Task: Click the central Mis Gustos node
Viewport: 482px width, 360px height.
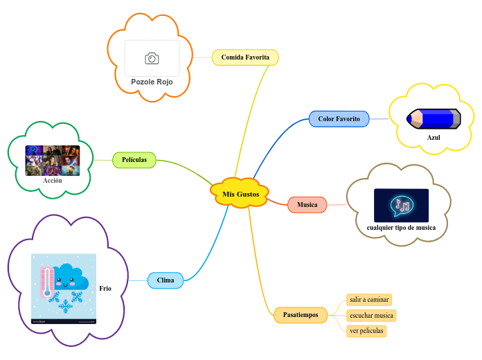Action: (240, 195)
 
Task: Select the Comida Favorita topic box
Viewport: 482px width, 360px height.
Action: (245, 57)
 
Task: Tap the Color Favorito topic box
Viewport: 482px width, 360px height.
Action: (339, 118)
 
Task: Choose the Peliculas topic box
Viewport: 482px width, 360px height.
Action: (134, 160)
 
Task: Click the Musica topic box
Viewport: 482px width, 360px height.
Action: (307, 205)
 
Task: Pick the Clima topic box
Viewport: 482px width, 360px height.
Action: (166, 280)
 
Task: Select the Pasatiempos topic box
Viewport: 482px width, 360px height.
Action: (301, 315)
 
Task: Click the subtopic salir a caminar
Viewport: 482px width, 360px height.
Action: (369, 300)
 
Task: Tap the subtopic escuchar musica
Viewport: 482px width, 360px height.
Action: (371, 316)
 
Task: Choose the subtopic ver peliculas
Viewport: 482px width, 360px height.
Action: (366, 331)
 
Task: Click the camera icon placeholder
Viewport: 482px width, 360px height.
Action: (152, 58)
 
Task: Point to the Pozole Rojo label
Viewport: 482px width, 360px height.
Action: (152, 82)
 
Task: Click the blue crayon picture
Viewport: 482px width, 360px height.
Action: (434, 118)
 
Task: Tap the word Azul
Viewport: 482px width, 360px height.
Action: (434, 137)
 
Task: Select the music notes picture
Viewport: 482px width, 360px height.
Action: (401, 205)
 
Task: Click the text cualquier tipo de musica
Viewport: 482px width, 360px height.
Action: (401, 227)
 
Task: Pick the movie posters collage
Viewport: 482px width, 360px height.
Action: (53, 160)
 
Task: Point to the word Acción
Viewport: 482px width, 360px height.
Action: (53, 180)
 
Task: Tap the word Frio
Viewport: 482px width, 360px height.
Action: (105, 288)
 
